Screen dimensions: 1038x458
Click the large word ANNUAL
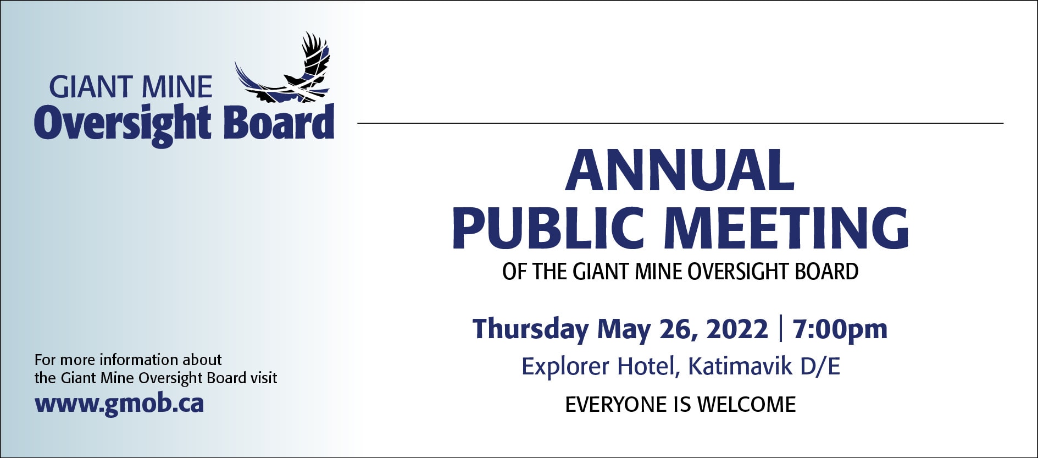(x=680, y=170)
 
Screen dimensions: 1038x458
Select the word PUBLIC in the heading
(x=548, y=228)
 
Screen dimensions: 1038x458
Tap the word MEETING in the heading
(x=787, y=228)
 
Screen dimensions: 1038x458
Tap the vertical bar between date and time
(x=781, y=329)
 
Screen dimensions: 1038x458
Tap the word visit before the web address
(x=264, y=378)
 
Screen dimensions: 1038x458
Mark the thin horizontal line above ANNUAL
(x=680, y=123)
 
